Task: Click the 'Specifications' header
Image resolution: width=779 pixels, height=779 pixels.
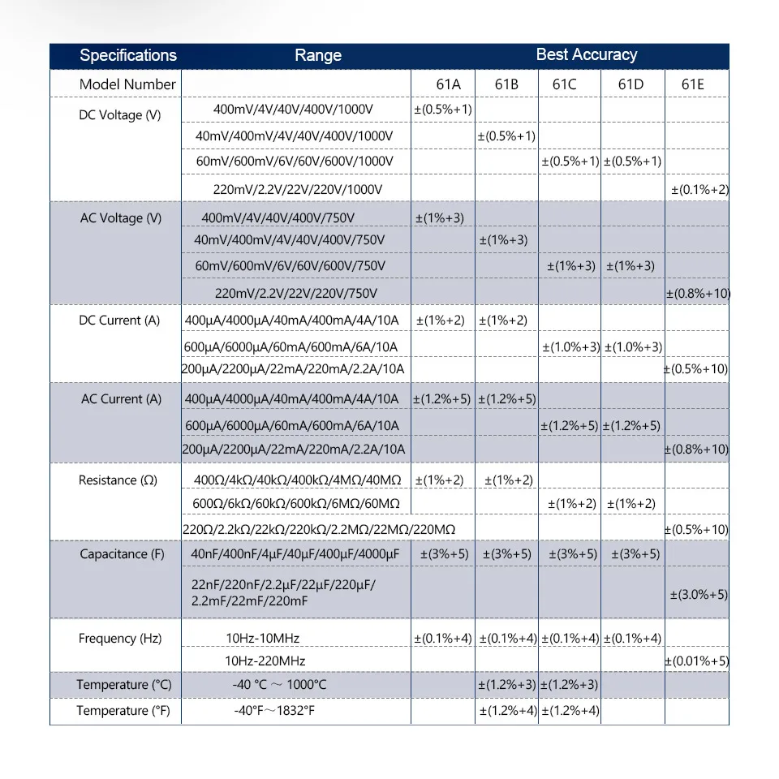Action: [x=128, y=55]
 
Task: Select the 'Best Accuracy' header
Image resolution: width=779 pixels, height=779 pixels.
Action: [x=587, y=54]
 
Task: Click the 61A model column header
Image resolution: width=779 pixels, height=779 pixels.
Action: [x=442, y=84]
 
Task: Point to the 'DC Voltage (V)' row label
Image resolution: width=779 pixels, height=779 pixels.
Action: [x=119, y=115]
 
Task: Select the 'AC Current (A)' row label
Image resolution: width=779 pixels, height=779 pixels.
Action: [x=121, y=398]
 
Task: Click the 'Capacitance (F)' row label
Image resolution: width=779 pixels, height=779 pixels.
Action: [x=122, y=554]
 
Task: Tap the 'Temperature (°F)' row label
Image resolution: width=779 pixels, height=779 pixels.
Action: [x=124, y=711]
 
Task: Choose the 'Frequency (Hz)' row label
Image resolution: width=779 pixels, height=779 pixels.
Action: [x=120, y=639]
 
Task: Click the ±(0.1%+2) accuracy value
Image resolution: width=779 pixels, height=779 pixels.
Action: [x=699, y=189]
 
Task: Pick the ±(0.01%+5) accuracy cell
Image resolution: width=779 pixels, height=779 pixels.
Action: [x=697, y=661]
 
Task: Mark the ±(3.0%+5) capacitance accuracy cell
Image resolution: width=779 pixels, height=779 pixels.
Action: [x=699, y=594]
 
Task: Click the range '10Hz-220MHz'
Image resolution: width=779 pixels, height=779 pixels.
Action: [x=265, y=661]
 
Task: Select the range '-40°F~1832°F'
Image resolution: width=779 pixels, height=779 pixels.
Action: [x=275, y=711]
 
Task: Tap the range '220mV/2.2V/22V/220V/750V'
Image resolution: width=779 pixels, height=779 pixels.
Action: [x=296, y=293]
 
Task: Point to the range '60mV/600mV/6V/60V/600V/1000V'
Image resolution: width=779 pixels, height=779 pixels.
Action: [x=295, y=161]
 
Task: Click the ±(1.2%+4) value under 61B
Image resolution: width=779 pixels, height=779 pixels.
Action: [x=507, y=711]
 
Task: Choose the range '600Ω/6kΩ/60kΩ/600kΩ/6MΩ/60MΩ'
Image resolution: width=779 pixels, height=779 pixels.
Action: [x=296, y=504]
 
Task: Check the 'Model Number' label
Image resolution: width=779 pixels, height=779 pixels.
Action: [x=127, y=84]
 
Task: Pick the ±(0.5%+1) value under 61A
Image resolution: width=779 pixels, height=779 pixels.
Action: [x=443, y=109]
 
